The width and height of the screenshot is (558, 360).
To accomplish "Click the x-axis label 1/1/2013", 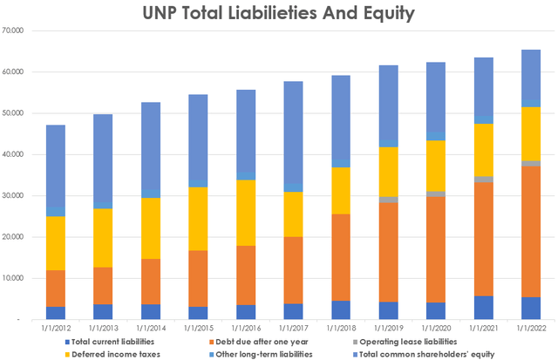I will [103, 328].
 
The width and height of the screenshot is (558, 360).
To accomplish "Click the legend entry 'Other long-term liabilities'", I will [280, 353].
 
